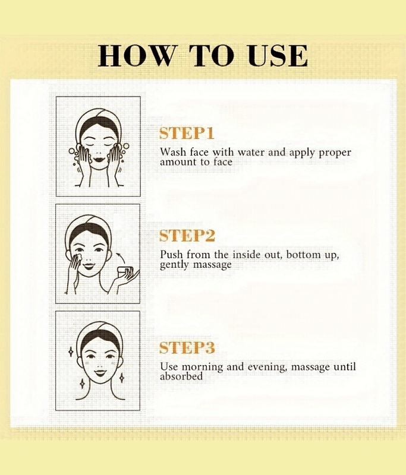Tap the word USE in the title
277,56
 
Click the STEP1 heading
187,134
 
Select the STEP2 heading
187,236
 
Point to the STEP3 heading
187,348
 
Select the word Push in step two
171,254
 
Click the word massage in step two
212,265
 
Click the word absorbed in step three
181,376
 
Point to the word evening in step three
267,367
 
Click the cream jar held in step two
125,272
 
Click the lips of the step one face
99,159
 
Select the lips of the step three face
100,372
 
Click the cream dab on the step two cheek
78,258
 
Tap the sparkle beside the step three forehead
71,351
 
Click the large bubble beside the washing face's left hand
71,151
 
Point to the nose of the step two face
88,259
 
